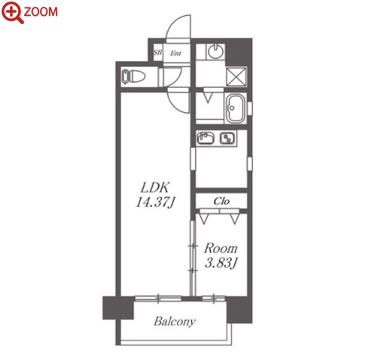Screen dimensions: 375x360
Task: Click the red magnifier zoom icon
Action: (x=12, y=12)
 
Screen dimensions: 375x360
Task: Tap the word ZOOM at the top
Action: (x=41, y=12)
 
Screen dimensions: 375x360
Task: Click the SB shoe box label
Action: (x=157, y=53)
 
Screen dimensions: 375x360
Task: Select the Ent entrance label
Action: (x=175, y=53)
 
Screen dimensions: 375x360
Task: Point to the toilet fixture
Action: (x=133, y=76)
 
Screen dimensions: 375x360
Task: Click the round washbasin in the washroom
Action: (x=215, y=51)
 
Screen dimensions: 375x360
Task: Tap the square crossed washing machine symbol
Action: (x=236, y=76)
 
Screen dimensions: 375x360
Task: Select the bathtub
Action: (x=236, y=108)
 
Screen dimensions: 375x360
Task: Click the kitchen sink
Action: (x=206, y=138)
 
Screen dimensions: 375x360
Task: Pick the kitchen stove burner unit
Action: (x=227, y=138)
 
